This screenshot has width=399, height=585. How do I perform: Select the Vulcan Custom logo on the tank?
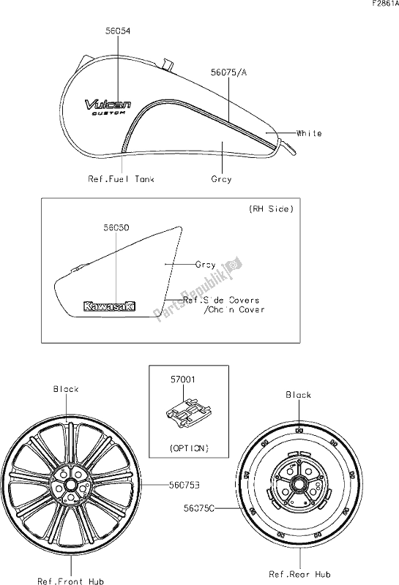pyautogui.click(x=106, y=107)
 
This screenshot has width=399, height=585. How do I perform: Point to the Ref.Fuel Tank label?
pyautogui.click(x=122, y=178)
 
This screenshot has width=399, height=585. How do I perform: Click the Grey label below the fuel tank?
pyautogui.click(x=221, y=178)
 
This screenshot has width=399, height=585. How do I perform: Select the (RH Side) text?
pyautogui.click(x=271, y=209)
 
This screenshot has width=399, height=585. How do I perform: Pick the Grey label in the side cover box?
pyautogui.click(x=206, y=265)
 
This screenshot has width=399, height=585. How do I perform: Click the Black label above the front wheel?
pyautogui.click(x=65, y=389)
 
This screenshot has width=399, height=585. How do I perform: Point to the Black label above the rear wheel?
pyautogui.click(x=298, y=395)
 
